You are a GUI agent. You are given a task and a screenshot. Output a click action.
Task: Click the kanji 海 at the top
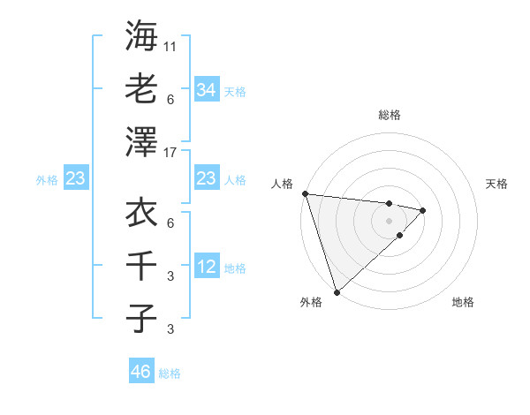(x=141, y=36)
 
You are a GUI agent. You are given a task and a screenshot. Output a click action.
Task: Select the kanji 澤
(x=141, y=140)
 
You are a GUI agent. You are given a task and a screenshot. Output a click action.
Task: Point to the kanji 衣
(x=141, y=213)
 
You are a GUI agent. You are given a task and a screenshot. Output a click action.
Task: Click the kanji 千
(x=141, y=265)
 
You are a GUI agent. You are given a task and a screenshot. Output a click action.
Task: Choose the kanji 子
(x=141, y=317)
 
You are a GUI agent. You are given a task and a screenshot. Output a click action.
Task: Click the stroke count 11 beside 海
(x=171, y=44)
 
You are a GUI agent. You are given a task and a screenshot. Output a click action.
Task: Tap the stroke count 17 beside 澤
(x=171, y=152)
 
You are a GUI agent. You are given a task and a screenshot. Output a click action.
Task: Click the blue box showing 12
(x=207, y=268)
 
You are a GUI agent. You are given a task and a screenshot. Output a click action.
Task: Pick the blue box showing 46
(x=141, y=372)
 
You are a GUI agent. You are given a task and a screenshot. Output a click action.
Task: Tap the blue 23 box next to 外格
(x=76, y=179)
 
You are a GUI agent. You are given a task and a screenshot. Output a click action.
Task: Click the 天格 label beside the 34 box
(x=235, y=91)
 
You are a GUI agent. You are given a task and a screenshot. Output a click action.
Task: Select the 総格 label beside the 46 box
(x=170, y=373)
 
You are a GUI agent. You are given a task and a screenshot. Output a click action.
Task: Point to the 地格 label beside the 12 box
(x=235, y=268)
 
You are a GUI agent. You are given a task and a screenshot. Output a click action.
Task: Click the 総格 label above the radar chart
(x=390, y=115)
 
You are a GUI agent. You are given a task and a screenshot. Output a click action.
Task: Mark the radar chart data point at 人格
(x=305, y=193)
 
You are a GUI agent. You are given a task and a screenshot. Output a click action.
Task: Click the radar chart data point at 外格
(x=337, y=291)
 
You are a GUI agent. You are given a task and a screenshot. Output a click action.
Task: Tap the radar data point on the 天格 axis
(x=424, y=210)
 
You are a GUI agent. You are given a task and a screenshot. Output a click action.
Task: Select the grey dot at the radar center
(x=390, y=220)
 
